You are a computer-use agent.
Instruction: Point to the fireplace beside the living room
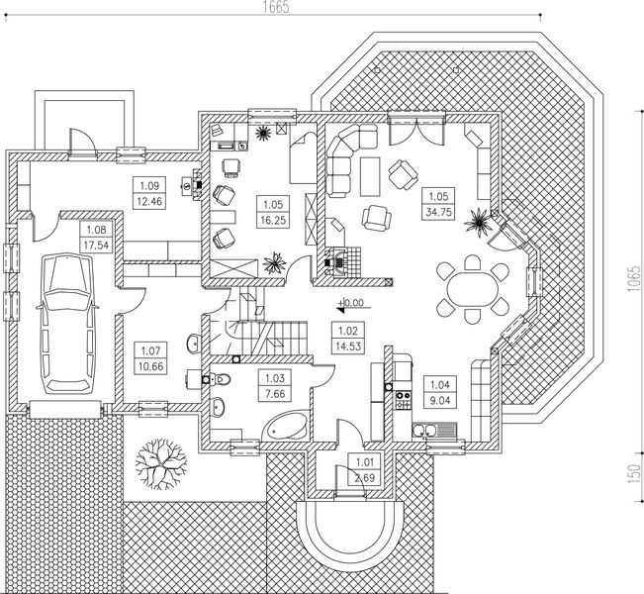[338, 260]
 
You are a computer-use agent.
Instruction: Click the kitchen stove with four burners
[403, 401]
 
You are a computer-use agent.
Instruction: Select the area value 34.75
[434, 212]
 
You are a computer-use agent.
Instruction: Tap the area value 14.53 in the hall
[348, 346]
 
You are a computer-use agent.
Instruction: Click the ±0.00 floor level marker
[351, 304]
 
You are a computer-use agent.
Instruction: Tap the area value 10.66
[150, 366]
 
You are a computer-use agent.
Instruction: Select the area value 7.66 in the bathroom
[272, 394]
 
